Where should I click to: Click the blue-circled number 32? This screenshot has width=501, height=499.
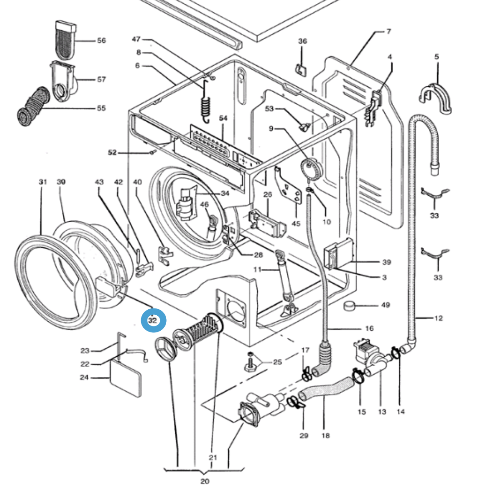pyautogui.click(x=153, y=320)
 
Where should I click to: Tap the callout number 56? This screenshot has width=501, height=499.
pyautogui.click(x=101, y=41)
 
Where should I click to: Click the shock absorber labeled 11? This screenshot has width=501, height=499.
pyautogui.click(x=285, y=276)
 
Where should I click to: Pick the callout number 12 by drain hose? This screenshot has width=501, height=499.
pyautogui.click(x=438, y=318)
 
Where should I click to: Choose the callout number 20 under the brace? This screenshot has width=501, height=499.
pyautogui.click(x=205, y=481)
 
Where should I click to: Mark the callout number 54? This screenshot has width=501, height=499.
pyautogui.click(x=223, y=118)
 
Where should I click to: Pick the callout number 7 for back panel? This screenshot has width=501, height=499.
pyautogui.click(x=388, y=32)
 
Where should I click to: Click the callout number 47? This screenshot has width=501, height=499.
pyautogui.click(x=136, y=39)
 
